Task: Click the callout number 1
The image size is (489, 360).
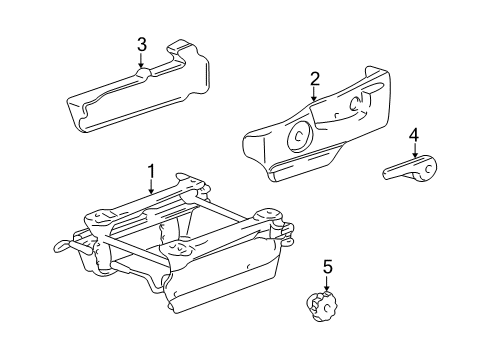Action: tap(151, 172)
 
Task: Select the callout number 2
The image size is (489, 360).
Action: tap(315, 79)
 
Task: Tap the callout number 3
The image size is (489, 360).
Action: tap(142, 45)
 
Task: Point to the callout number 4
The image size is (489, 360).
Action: tap(414, 136)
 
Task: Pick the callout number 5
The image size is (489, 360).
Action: tap(327, 267)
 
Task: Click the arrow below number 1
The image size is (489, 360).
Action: tap(151, 187)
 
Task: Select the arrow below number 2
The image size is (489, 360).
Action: tap(314, 94)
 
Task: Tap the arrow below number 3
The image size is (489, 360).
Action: tap(141, 61)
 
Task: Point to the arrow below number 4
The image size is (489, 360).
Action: tap(414, 151)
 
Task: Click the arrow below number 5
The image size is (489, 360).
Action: tap(327, 283)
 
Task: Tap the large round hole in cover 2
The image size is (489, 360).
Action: tap(299, 136)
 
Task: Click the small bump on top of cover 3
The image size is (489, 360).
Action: tap(143, 73)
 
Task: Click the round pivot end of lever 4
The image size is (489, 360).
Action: tap(426, 169)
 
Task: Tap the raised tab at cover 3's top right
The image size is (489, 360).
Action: tap(179, 47)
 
